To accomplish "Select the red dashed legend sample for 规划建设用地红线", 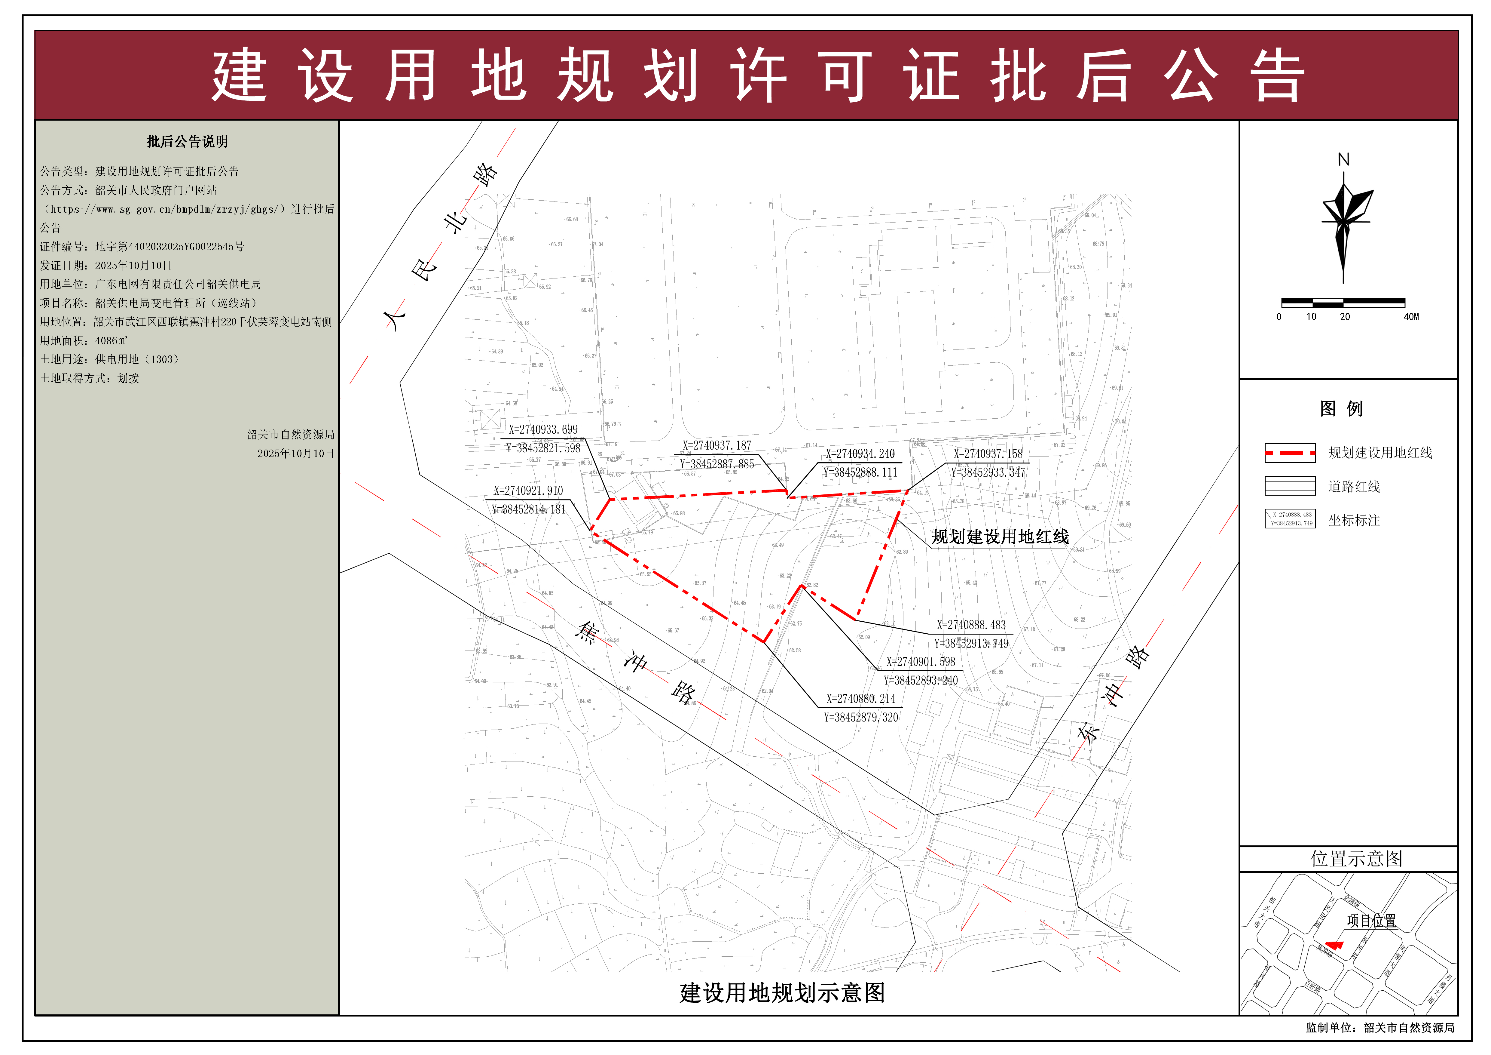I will tap(1290, 453).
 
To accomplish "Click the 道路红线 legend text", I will tap(1354, 487).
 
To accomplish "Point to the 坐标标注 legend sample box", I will tap(1290, 519).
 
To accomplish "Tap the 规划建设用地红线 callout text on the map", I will tap(1000, 537).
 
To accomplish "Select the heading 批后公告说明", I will tap(187, 142).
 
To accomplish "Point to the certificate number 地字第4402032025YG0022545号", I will tap(170, 247).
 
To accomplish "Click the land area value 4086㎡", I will tap(111, 340).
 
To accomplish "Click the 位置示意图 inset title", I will tap(1356, 859).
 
